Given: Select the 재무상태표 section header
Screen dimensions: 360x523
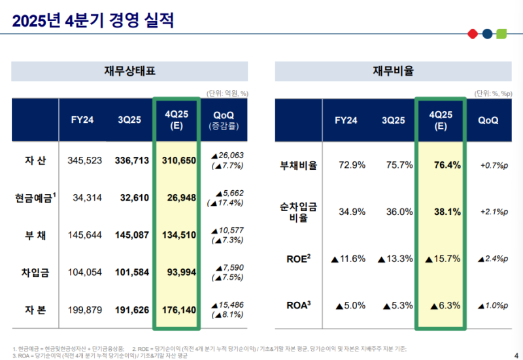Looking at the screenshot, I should click(x=129, y=71).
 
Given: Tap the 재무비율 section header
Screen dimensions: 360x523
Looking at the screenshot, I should click(x=393, y=71).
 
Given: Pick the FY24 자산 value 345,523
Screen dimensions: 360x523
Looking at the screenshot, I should click(x=85, y=160).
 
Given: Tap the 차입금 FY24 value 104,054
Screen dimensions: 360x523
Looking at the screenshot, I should click(x=85, y=271).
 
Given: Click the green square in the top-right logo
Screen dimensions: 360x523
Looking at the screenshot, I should click(x=501, y=33).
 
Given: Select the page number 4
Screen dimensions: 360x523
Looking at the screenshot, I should click(x=516, y=348).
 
